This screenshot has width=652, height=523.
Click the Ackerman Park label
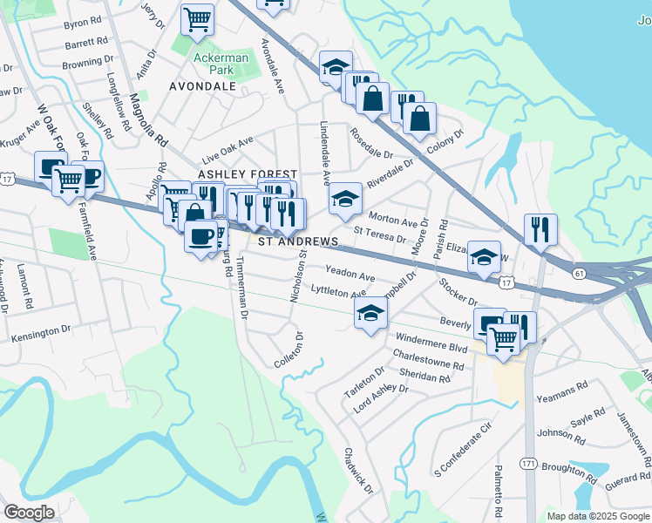(214, 64)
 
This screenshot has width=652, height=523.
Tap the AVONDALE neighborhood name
(202, 86)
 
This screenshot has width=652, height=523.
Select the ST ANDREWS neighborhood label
(295, 241)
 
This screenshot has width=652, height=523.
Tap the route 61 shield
(580, 273)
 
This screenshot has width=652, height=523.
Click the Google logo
(29, 513)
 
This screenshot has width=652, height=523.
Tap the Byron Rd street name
(84, 24)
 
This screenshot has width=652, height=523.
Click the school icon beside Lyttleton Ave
(370, 315)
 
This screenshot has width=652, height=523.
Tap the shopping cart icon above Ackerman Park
(198, 19)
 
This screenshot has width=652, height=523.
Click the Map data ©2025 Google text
(597, 516)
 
